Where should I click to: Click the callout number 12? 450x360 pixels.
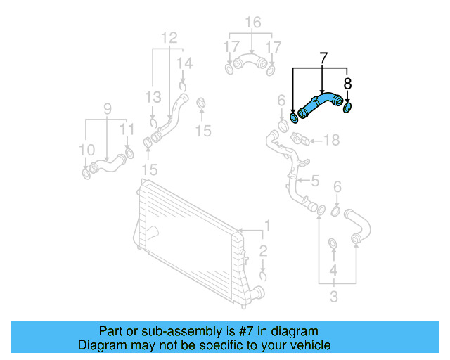click(x=169, y=37)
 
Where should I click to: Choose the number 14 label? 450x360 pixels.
click(x=184, y=64)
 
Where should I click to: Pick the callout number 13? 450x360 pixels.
click(x=153, y=97)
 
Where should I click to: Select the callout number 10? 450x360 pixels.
click(x=86, y=149)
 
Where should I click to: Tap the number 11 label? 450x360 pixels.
click(x=127, y=129)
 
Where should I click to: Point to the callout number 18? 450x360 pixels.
click(x=330, y=140)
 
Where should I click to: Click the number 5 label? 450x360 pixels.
click(x=315, y=181)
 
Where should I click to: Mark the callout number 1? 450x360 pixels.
click(x=266, y=226)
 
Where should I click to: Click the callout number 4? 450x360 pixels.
click(x=333, y=270)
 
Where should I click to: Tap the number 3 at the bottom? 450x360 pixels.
click(x=333, y=297)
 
